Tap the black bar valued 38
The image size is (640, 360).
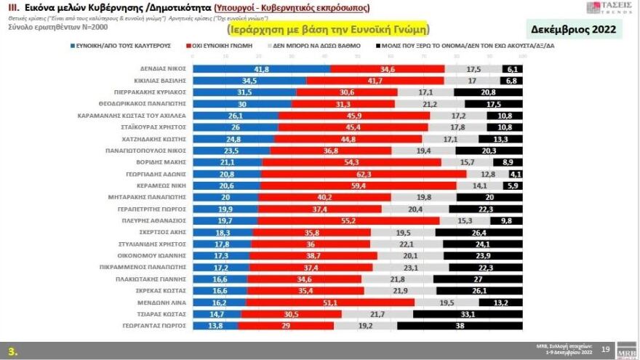460,326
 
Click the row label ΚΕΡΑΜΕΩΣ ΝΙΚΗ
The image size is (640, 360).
161,186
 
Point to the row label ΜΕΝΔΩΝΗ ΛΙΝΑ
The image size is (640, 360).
165,302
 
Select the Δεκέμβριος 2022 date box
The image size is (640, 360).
574,30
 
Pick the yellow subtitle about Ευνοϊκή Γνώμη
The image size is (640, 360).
327,29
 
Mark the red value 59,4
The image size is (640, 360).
358,186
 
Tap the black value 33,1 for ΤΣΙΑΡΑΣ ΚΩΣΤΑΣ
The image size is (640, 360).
468,314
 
